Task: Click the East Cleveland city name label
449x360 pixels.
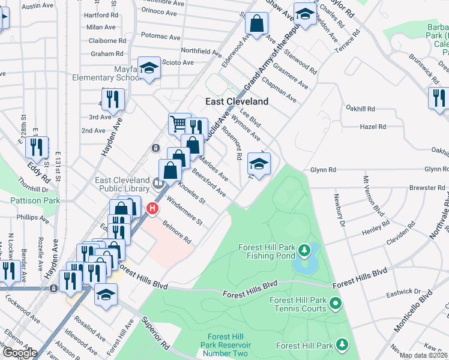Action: coord(237,101)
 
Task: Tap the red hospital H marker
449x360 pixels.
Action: coord(152,209)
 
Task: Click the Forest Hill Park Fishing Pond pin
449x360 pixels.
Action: coord(304,249)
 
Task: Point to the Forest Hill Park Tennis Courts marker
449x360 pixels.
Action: coord(336,306)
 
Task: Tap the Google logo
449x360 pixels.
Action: coord(19,353)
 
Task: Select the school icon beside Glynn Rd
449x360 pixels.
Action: coord(259,164)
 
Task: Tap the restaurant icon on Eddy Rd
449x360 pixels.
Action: coord(38,148)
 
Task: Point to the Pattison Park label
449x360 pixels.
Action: coord(35,200)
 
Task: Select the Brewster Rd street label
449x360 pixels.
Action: coord(427,188)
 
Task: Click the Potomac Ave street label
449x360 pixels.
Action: coord(161,37)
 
